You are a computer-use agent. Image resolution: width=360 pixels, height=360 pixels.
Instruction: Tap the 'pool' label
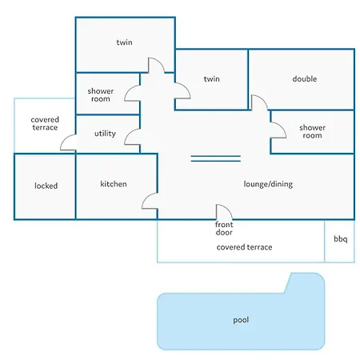[x=241, y=320]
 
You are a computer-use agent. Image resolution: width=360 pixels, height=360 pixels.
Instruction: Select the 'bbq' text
[x=341, y=238]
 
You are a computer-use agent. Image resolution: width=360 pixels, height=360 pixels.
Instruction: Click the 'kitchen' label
[x=114, y=184]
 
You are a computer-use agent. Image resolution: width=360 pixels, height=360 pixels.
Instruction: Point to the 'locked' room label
[x=46, y=186]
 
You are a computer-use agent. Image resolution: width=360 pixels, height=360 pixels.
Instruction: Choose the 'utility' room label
[x=105, y=134]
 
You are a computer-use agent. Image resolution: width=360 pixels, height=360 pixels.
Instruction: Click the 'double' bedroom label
[x=305, y=78]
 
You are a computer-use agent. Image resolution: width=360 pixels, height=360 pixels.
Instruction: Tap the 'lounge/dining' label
[x=268, y=184]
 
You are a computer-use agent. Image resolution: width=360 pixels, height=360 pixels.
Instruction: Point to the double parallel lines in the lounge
[x=216, y=158]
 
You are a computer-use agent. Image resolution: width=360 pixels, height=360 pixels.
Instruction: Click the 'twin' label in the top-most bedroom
[x=124, y=42]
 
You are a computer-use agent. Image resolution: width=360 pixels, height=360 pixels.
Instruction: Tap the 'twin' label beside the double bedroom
[x=212, y=78]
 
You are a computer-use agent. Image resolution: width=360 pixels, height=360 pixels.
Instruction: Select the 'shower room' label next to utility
[x=101, y=95]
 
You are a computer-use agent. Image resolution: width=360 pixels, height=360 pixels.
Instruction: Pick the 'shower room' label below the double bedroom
[x=312, y=131]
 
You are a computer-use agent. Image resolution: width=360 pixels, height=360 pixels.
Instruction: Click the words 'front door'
[x=224, y=229]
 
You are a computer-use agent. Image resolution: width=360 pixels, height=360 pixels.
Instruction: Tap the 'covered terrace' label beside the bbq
[x=244, y=247]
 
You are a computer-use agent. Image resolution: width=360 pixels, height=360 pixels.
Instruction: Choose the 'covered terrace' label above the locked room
[x=45, y=123]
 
